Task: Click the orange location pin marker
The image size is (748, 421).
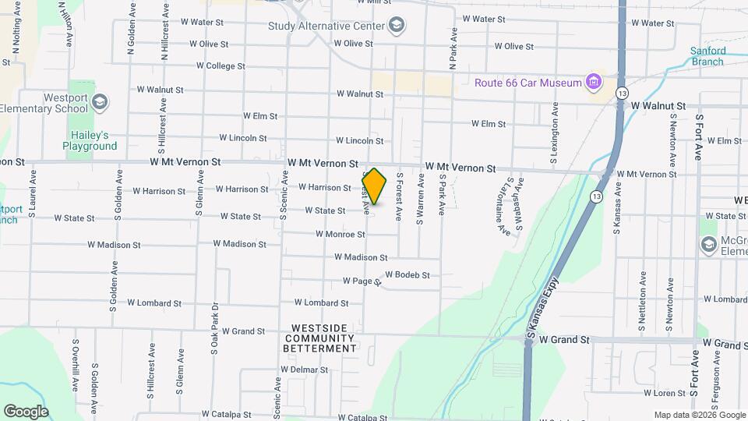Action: (x=374, y=186)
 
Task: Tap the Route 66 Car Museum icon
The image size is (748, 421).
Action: (x=595, y=82)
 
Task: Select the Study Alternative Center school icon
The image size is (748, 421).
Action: (x=397, y=26)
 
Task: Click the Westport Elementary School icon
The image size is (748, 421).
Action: (x=99, y=101)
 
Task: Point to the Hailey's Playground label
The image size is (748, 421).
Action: (x=90, y=140)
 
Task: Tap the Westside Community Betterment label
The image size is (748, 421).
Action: (x=323, y=338)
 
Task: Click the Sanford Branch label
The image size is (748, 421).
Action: (x=707, y=56)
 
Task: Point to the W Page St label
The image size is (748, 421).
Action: (x=361, y=281)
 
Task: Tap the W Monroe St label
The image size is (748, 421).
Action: (x=340, y=234)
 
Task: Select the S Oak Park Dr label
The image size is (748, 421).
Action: (x=213, y=328)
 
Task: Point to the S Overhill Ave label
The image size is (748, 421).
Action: (x=76, y=366)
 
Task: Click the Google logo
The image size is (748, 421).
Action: (x=26, y=412)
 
